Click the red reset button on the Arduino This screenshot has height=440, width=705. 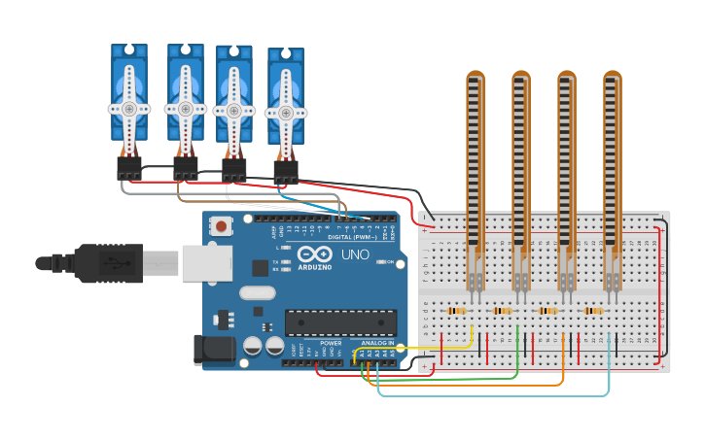222,226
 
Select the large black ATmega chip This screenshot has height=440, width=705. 340,322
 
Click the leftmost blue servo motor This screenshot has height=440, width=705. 128,97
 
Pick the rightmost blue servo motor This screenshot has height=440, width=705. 285,102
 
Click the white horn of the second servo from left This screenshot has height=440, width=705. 185,109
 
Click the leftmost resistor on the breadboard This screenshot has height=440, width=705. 454,311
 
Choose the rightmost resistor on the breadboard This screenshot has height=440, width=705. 592,311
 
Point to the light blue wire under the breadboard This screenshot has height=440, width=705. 506,395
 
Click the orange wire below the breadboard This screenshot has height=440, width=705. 486,386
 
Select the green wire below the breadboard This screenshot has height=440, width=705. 457,378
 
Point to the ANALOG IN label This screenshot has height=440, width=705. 377,343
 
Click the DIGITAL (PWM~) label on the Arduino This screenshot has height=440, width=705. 352,236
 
